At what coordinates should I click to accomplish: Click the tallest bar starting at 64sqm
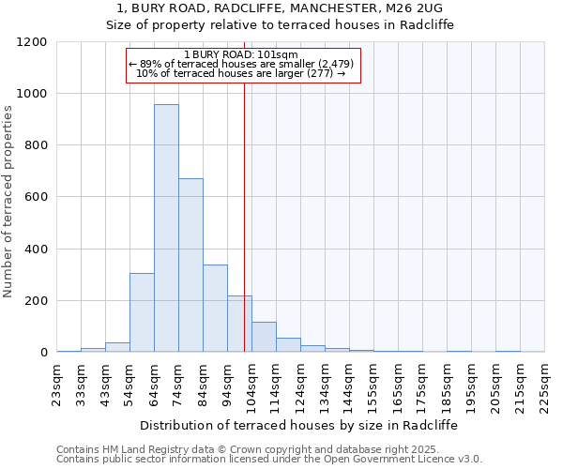(x=166, y=228)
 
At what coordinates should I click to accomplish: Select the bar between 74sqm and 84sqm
(x=190, y=265)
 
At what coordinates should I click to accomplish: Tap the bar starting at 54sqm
(x=142, y=312)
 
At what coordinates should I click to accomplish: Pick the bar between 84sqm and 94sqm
(x=215, y=309)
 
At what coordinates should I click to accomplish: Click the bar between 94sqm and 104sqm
(x=239, y=324)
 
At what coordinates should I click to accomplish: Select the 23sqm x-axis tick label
(x=57, y=382)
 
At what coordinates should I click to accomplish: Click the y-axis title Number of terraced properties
(x=8, y=201)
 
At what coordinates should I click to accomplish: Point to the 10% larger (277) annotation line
(x=241, y=73)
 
